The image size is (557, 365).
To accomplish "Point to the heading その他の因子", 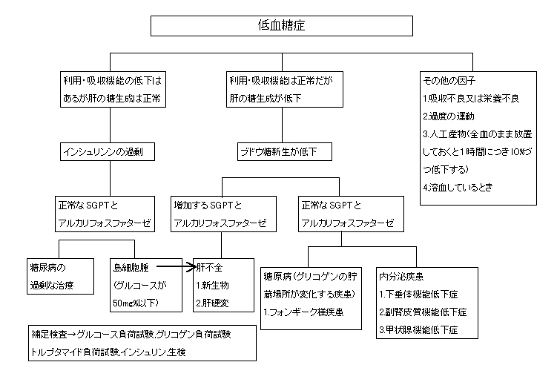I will click(449, 79).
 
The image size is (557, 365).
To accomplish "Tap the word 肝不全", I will click(210, 265).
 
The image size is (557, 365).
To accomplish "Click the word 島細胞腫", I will click(131, 266).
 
